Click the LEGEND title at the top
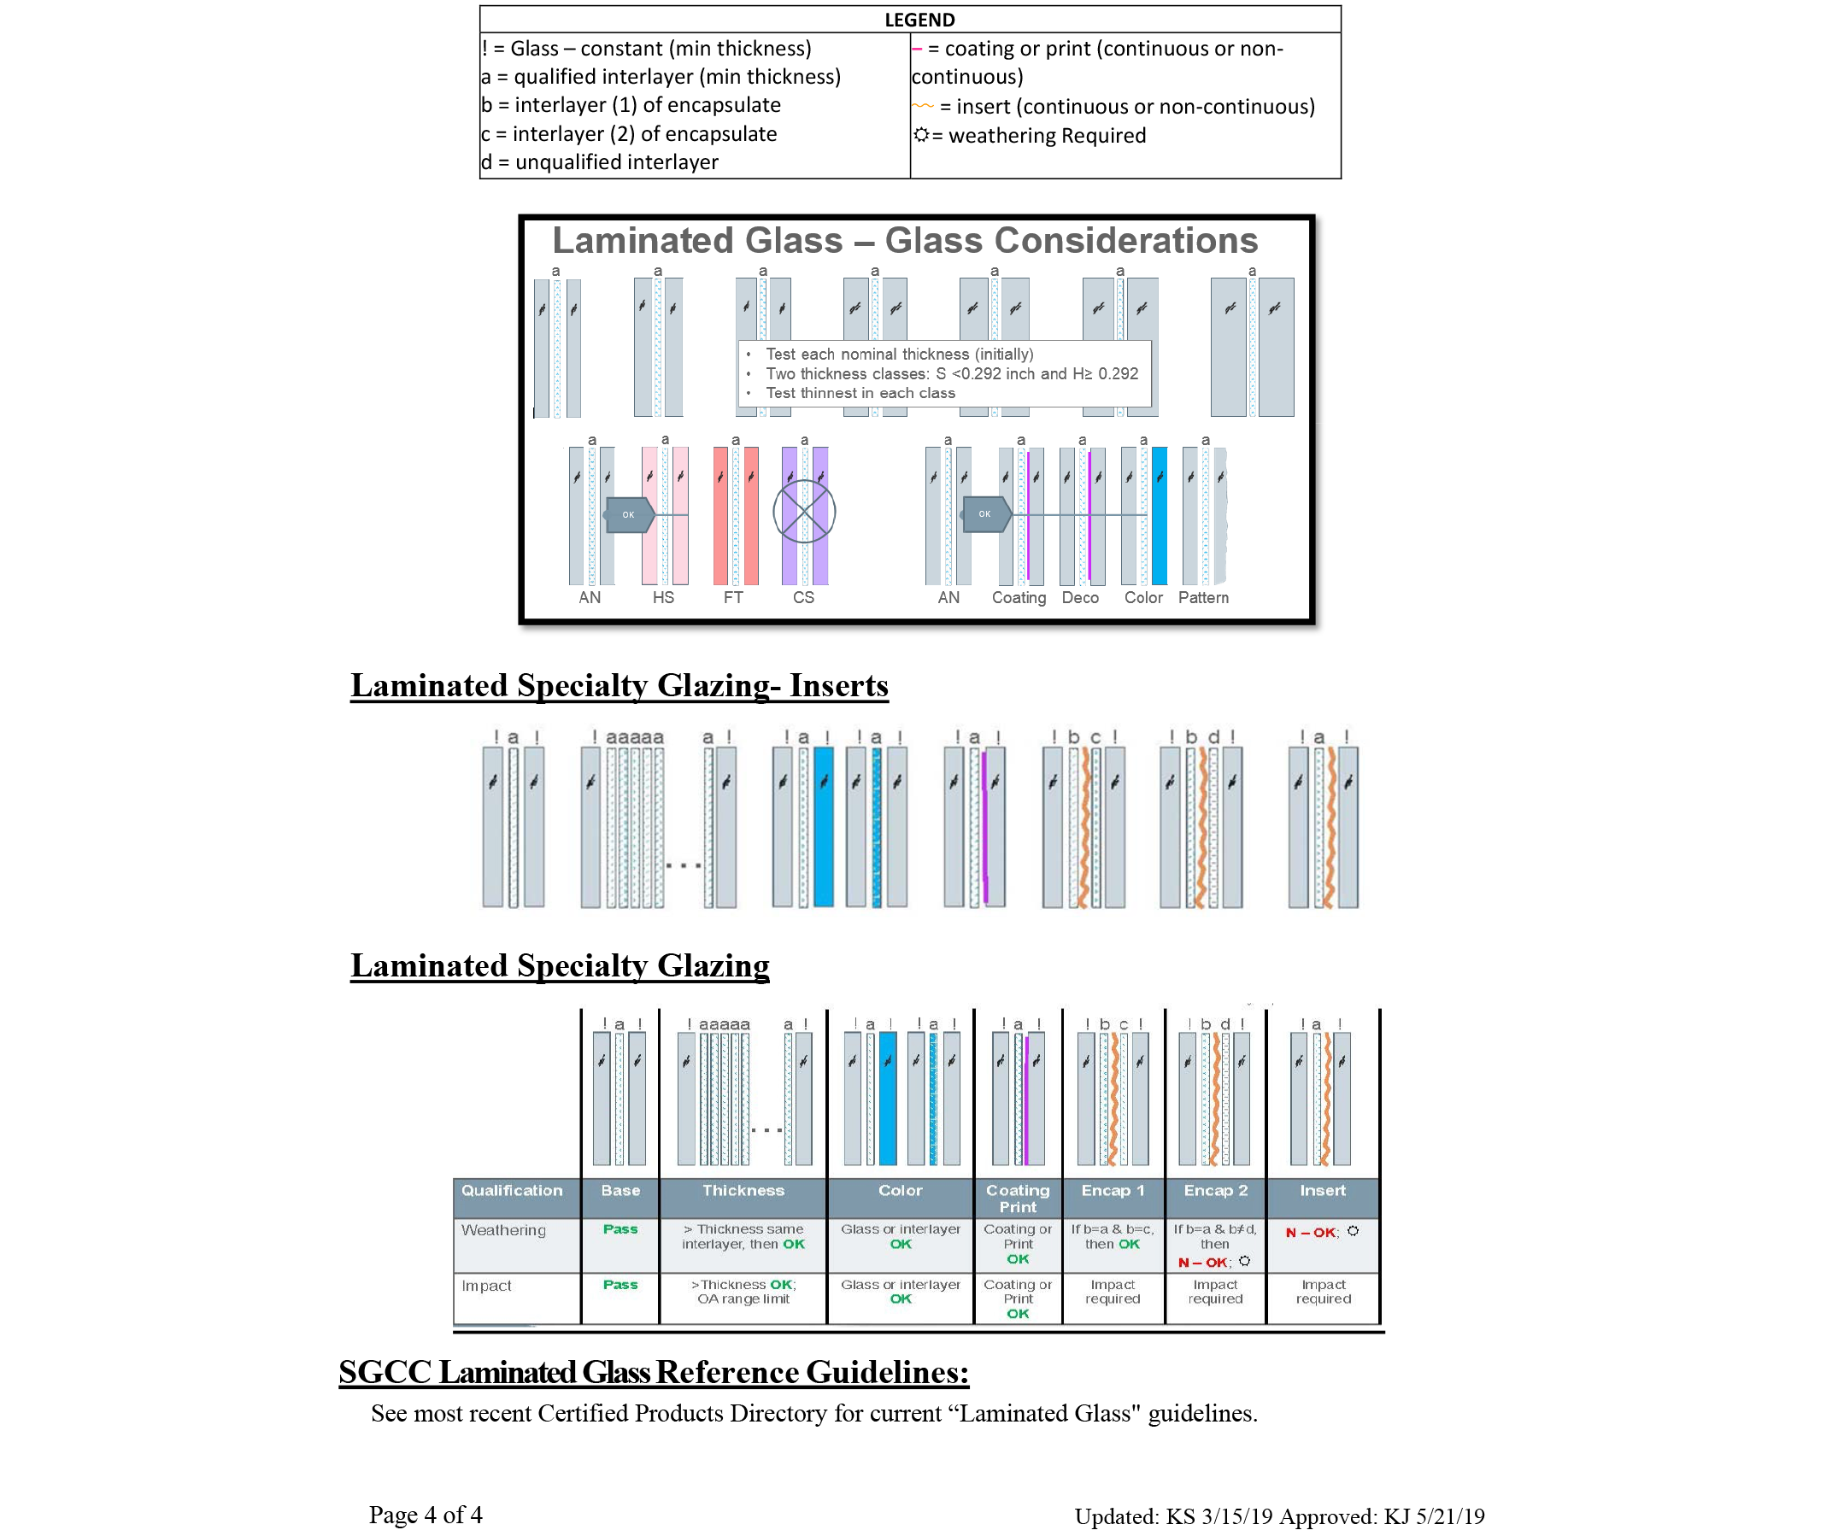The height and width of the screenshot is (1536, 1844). click(x=919, y=20)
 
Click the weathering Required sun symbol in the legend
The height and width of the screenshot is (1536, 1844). click(x=921, y=135)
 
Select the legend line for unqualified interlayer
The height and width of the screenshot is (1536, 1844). click(x=600, y=162)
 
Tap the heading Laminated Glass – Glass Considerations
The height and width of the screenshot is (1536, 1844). click(x=904, y=241)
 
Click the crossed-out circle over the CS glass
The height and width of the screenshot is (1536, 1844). click(x=803, y=512)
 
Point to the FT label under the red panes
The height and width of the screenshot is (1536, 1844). click(x=733, y=598)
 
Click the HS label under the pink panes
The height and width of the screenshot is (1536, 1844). click(x=663, y=598)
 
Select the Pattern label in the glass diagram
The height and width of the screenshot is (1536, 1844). click(x=1203, y=598)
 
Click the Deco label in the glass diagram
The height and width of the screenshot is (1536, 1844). click(x=1080, y=598)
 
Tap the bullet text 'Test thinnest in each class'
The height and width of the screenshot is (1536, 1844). click(x=860, y=393)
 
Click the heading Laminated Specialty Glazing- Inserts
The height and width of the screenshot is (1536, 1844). click(x=619, y=685)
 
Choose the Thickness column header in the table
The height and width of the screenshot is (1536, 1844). click(x=743, y=1191)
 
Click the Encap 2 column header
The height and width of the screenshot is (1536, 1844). click(x=1215, y=1191)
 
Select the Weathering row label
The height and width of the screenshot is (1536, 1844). click(x=503, y=1230)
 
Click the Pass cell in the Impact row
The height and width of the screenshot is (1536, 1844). click(x=620, y=1285)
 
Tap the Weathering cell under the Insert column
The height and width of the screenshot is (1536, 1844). click(x=1322, y=1233)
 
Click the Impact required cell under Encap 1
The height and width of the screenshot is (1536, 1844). click(x=1113, y=1292)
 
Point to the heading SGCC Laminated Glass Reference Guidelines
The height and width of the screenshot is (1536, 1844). click(x=654, y=1373)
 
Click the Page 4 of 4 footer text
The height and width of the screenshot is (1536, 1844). click(x=425, y=1515)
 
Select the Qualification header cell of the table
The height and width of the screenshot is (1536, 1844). click(x=512, y=1191)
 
